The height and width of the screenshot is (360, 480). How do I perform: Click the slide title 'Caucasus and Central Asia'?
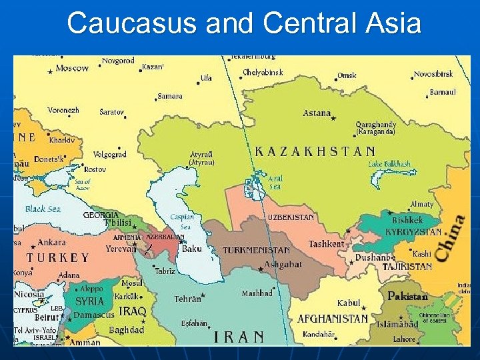coord(244,24)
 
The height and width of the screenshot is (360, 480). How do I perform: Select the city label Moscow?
coord(72,69)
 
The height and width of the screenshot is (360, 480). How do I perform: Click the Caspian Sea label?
coord(181,222)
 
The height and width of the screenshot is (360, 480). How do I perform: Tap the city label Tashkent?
coord(326,244)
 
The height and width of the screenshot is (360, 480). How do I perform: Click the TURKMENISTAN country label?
coord(256,251)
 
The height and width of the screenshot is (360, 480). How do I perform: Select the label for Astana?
coord(317,113)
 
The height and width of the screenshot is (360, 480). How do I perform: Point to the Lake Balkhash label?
coord(389,164)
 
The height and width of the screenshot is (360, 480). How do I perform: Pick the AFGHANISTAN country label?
coord(332,319)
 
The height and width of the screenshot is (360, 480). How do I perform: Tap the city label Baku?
coord(192,249)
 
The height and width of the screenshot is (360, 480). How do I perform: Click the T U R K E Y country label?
coord(57,257)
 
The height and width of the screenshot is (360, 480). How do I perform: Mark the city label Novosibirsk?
coord(433,74)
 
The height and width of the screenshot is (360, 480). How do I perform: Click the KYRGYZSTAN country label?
coord(413,232)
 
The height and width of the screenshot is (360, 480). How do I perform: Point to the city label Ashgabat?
coord(283,264)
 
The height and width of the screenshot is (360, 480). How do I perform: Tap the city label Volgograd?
coord(109,155)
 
